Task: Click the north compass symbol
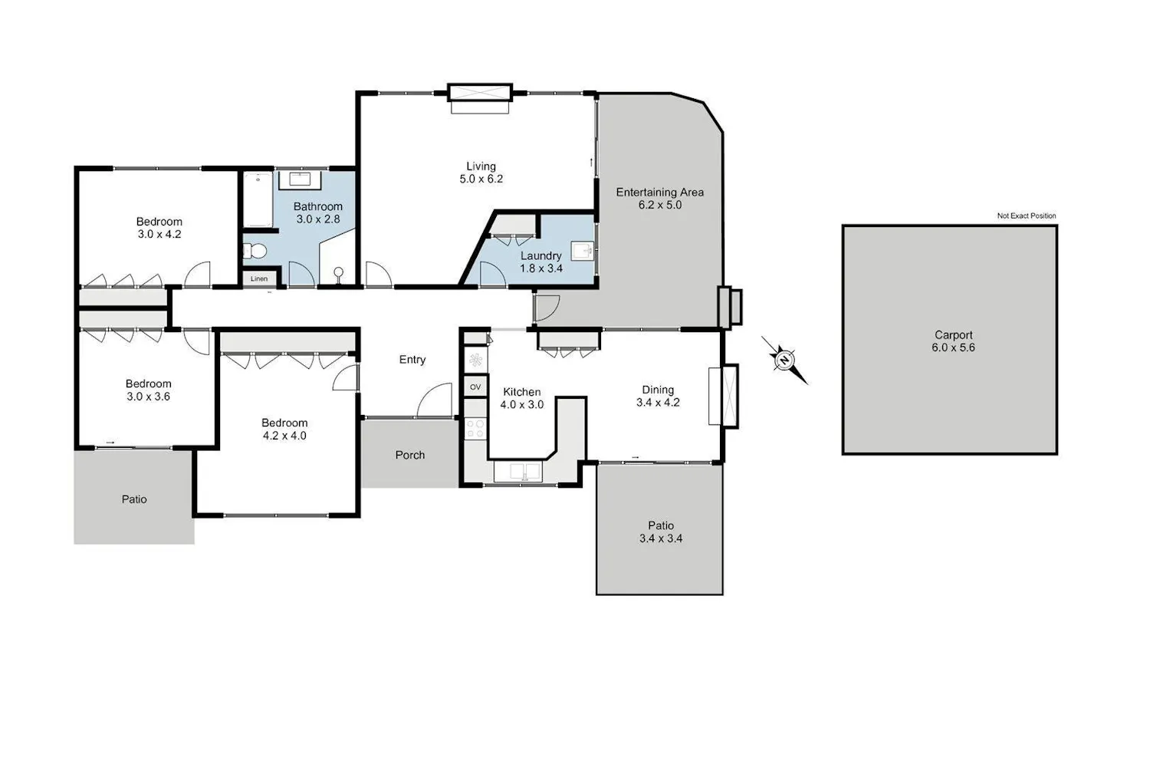click(x=784, y=360)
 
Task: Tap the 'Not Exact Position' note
click(x=1027, y=216)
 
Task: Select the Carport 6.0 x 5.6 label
click(x=954, y=341)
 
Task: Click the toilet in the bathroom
click(x=255, y=252)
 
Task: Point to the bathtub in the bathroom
click(x=257, y=199)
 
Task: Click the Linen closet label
click(x=259, y=279)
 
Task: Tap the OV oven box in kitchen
click(x=475, y=387)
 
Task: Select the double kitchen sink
click(x=517, y=472)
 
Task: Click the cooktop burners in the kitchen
click(x=475, y=429)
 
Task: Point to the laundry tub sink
click(x=583, y=251)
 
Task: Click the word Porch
click(x=409, y=455)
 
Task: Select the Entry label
click(x=412, y=360)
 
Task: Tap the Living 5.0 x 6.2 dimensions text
click(x=481, y=179)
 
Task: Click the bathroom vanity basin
click(x=300, y=179)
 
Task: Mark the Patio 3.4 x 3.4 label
click(x=661, y=532)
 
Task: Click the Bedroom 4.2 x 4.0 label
click(x=284, y=429)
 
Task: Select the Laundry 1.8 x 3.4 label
click(x=541, y=262)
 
